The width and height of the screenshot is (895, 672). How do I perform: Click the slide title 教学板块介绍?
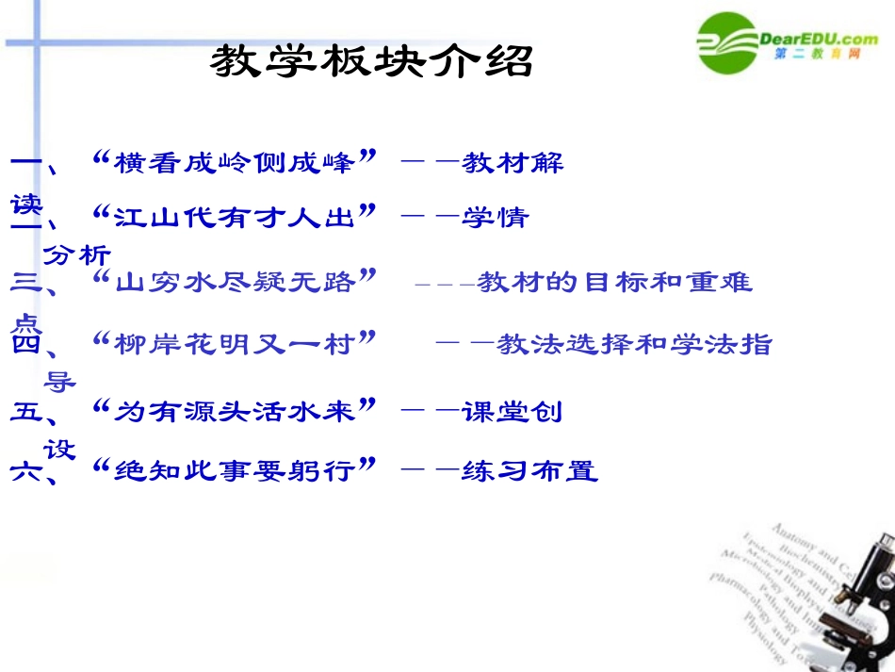[x=371, y=62]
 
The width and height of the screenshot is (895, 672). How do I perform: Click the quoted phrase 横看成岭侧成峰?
[x=235, y=162]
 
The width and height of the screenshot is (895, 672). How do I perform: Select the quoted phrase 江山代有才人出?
[x=235, y=218]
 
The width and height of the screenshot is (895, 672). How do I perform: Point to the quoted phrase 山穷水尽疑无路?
[x=235, y=281]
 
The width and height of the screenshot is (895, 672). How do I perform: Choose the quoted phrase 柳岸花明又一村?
[x=235, y=343]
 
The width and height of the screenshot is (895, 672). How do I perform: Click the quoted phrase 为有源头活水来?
[x=235, y=411]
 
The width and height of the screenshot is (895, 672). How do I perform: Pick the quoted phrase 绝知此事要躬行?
[x=235, y=469]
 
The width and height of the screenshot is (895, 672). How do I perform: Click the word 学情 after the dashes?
[x=495, y=218]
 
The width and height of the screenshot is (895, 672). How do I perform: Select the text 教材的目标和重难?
[x=615, y=281]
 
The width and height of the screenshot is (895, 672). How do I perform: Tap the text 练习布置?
[x=529, y=469]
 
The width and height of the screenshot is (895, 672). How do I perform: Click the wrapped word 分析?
[x=77, y=254]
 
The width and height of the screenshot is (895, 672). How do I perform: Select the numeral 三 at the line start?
[x=24, y=281]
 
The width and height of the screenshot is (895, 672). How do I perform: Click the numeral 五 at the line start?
[x=24, y=411]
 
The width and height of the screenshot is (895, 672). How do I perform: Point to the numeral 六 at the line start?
[x=24, y=470]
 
